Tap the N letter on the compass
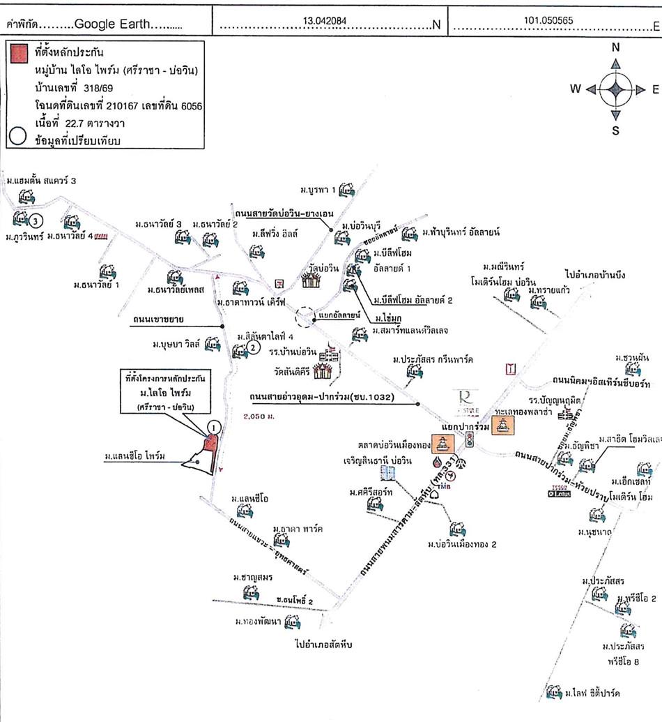[615, 48]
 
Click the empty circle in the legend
[16, 137]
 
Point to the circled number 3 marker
[37, 220]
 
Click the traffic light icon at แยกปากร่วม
[470, 439]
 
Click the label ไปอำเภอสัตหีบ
[324, 645]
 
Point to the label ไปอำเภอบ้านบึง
[595, 274]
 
